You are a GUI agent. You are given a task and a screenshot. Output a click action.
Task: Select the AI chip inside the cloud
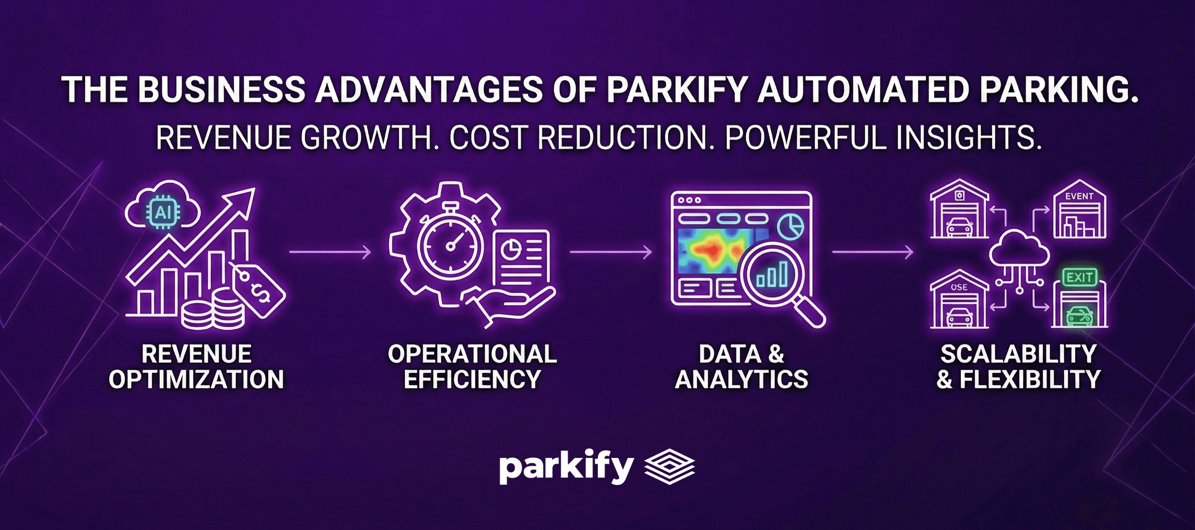point(163,212)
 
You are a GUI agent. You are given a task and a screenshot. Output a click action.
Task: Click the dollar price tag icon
point(258,290)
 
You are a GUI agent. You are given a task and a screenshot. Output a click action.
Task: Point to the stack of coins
point(213,310)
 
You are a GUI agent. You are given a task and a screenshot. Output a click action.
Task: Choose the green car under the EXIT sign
point(1079,316)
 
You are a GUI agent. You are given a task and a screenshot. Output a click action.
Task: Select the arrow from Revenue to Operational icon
point(330,252)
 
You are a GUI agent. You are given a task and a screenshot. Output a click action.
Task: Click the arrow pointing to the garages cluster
point(872,252)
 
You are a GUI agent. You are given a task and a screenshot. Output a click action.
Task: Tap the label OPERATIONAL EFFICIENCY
point(472,366)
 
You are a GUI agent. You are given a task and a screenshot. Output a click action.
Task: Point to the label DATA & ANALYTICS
point(741,366)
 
